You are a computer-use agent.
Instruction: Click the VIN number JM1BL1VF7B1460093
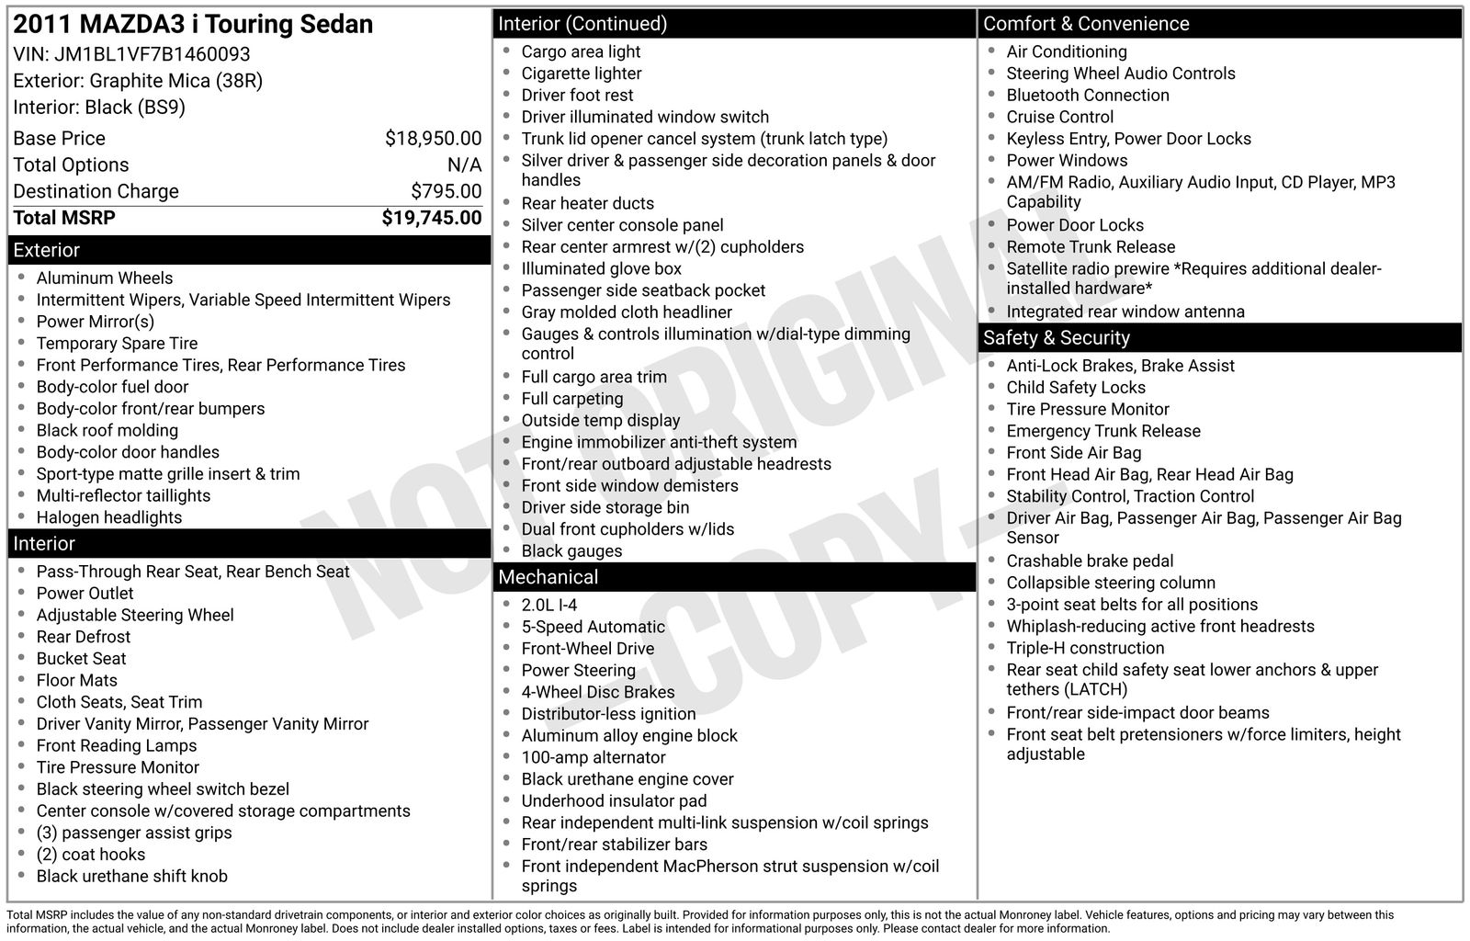[153, 54]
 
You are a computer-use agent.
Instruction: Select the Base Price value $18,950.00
[433, 139]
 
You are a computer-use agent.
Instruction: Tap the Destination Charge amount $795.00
[446, 191]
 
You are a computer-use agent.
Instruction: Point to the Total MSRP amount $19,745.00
[431, 218]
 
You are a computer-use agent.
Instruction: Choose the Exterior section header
[47, 250]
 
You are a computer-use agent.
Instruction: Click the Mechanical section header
[548, 577]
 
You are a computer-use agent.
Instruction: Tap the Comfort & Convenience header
[1085, 24]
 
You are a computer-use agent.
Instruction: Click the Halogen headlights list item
[109, 517]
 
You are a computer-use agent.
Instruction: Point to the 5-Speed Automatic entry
[593, 627]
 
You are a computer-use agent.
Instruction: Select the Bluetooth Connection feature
[1087, 95]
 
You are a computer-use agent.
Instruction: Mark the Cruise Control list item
[1059, 117]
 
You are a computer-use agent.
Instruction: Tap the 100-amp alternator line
[594, 757]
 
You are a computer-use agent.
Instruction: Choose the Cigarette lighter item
[582, 74]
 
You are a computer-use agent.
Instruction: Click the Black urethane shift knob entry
[131, 876]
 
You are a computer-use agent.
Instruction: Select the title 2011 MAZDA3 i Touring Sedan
[193, 24]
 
